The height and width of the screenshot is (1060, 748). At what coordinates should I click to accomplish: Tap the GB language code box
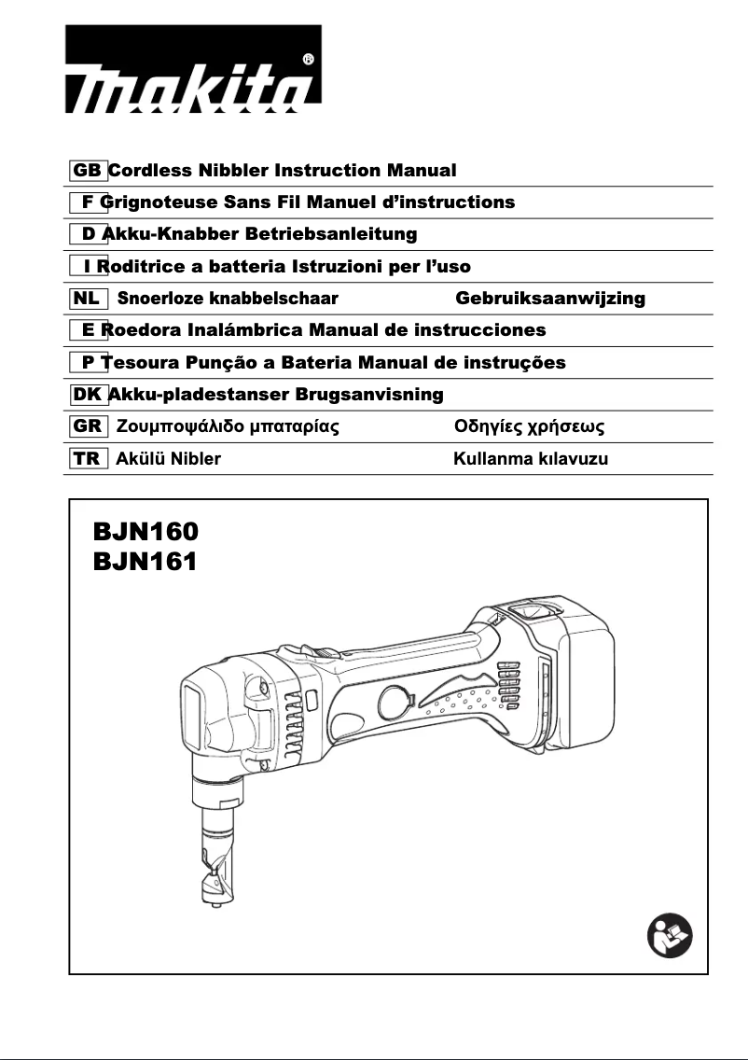tap(88, 171)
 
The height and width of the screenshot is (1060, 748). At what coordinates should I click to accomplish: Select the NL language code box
tap(87, 299)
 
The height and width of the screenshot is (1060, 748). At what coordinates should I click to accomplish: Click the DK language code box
tap(88, 395)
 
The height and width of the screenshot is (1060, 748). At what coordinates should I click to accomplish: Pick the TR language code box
tap(87, 458)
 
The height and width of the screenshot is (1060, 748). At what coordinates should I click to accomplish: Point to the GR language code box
tap(88, 426)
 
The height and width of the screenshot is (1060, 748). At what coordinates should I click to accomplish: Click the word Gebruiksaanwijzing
tap(550, 299)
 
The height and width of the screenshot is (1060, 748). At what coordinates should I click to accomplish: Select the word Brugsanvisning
tap(369, 395)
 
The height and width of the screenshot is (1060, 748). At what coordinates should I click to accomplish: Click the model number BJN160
tap(145, 532)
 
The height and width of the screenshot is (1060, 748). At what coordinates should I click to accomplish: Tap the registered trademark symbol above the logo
tap(308, 59)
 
